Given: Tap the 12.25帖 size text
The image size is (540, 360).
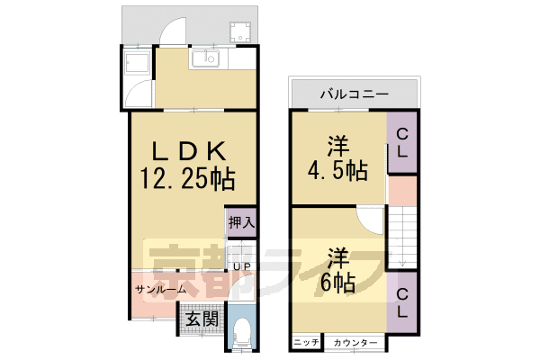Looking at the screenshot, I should [x=186, y=179].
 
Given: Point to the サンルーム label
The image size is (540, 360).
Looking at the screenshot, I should [x=161, y=290].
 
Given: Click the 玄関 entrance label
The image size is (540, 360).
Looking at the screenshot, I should [x=201, y=319].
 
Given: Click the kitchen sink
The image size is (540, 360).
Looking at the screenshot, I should [x=206, y=60].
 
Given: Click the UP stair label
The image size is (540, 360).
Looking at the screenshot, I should [x=241, y=266].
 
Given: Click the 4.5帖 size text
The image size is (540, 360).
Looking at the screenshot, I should [x=337, y=158].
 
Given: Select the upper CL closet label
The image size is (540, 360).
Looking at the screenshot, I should [x=402, y=143].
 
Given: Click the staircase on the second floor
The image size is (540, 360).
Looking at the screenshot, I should [x=402, y=236].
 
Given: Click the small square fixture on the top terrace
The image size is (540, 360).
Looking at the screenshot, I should [x=240, y=32].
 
